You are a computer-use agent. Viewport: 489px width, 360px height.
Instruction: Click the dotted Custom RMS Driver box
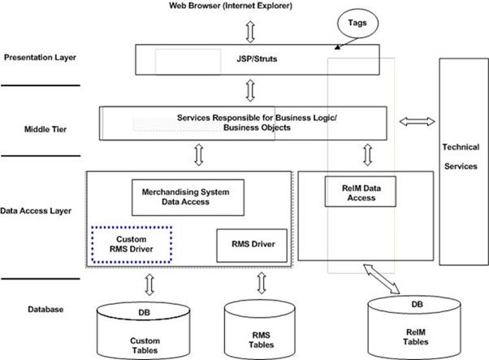(x=131, y=243)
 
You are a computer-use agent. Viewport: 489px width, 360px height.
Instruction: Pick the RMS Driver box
(x=252, y=243)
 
